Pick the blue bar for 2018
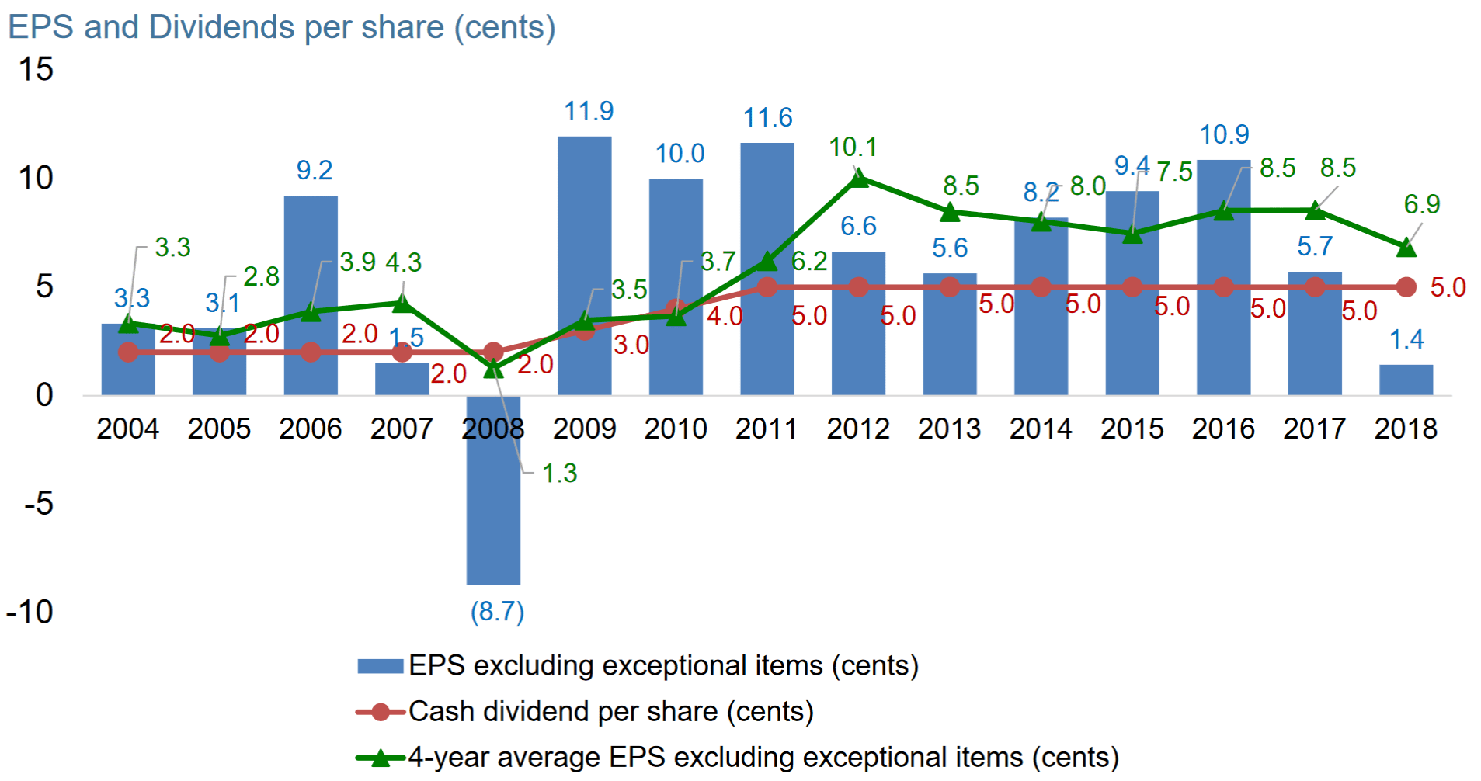pyautogui.click(x=1406, y=380)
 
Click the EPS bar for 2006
pyautogui.click(x=311, y=256)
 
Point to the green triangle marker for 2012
pyautogui.click(x=858, y=179)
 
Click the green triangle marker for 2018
pyautogui.click(x=1406, y=248)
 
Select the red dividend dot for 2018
pyautogui.click(x=1406, y=287)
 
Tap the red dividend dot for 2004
pyautogui.click(x=128, y=352)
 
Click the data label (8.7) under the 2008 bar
pyautogui.click(x=497, y=612)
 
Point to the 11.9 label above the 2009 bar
pyautogui.click(x=589, y=112)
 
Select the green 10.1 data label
pyautogui.click(x=853, y=147)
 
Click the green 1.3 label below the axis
pyautogui.click(x=559, y=473)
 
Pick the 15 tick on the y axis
pyautogui.click(x=36, y=70)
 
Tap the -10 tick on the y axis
pyautogui.click(x=30, y=613)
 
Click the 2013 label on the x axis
pyautogui.click(x=949, y=429)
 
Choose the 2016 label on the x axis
pyautogui.click(x=1223, y=429)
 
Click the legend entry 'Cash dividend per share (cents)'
pyautogui.click(x=610, y=712)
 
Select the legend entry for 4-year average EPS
pyautogui.click(x=763, y=758)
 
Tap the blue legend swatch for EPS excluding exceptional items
pyautogui.click(x=380, y=666)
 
